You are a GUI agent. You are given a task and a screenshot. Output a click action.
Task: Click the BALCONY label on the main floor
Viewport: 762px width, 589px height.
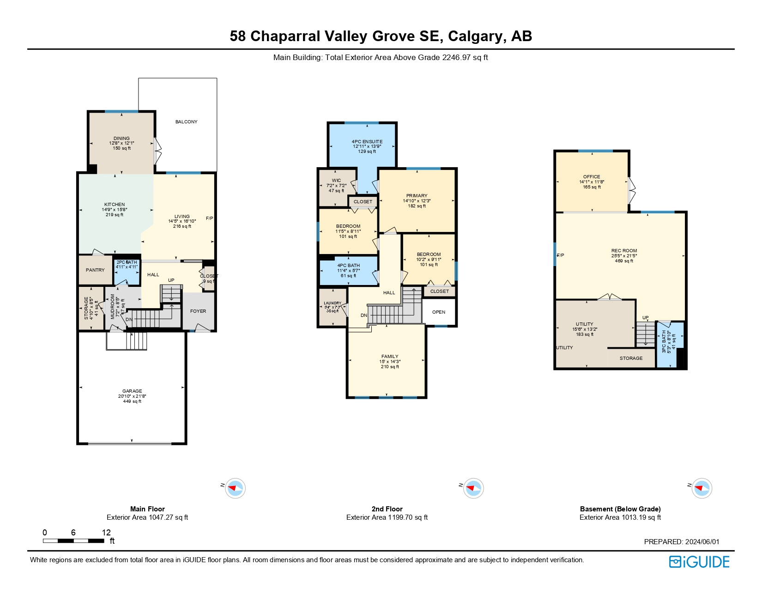(186, 122)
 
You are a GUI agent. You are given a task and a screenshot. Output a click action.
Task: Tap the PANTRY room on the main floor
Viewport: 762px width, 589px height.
(95, 270)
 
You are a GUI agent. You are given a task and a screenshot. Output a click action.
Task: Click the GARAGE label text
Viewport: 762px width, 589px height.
(132, 391)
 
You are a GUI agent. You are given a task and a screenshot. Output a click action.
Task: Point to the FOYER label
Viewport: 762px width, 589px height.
(198, 311)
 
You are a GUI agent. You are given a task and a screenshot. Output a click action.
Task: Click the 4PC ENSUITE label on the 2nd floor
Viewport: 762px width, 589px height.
(367, 142)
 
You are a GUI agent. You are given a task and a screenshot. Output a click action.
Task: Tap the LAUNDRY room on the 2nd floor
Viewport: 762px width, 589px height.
(333, 307)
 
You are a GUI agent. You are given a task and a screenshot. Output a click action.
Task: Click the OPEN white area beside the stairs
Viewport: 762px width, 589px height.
(439, 312)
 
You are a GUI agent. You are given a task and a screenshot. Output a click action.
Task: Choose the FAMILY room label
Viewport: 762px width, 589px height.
(390, 357)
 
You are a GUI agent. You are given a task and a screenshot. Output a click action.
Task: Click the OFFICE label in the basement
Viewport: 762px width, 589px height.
(592, 177)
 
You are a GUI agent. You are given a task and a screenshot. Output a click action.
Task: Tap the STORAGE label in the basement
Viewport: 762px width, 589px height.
(631, 358)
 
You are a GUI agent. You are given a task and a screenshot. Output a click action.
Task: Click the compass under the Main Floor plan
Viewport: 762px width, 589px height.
(236, 488)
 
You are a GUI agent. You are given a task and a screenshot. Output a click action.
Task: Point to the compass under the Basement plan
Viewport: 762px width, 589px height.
(702, 488)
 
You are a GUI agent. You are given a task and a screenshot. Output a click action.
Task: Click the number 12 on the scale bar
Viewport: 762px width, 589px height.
(106, 533)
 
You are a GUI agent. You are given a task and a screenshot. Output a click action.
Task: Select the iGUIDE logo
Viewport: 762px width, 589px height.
(699, 562)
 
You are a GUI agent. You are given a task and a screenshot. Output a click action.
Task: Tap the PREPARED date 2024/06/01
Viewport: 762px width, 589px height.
(702, 542)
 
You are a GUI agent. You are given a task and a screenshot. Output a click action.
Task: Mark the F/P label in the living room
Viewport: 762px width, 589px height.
(209, 219)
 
